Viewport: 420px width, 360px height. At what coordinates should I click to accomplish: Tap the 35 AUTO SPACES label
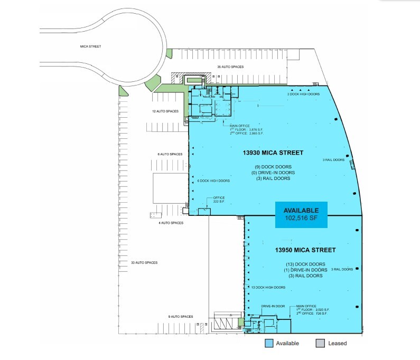point(230,67)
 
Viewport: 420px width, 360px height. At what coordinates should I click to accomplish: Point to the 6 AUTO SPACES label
point(170,154)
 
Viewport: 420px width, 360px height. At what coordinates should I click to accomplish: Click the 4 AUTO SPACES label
point(171,223)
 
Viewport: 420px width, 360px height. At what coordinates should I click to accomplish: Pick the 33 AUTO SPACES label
point(144,262)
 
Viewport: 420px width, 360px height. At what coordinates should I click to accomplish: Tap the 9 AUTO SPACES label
point(181,316)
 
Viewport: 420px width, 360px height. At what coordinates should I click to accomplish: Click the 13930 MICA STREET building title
point(273,153)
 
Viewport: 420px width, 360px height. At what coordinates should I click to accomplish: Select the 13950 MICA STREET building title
point(305,249)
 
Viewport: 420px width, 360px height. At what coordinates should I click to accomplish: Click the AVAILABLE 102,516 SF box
point(301,215)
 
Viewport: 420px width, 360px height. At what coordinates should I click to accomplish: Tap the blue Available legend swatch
point(268,343)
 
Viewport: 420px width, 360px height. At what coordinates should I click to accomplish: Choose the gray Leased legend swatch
point(320,343)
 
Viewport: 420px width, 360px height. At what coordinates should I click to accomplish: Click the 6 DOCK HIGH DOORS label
point(213,181)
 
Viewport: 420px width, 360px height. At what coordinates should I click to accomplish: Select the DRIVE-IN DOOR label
point(273,306)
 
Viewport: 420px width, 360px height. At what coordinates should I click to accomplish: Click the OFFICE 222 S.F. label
point(219,200)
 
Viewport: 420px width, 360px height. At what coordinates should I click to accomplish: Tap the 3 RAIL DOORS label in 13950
point(342,269)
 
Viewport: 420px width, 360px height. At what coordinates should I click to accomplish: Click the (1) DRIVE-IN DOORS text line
point(305,270)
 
